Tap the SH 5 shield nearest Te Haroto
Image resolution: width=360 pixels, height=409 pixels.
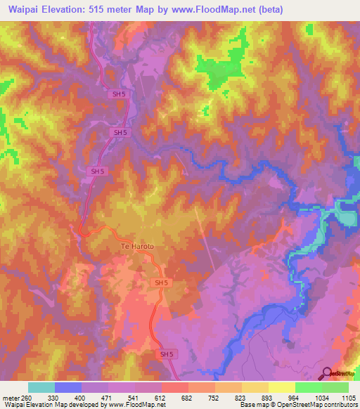[161, 283]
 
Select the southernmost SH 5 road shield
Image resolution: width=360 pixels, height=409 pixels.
[166, 354]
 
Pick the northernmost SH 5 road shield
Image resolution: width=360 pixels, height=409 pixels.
[119, 94]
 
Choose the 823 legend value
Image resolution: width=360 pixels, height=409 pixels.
[241, 397]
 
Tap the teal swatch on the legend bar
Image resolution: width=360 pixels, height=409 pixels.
[41, 387]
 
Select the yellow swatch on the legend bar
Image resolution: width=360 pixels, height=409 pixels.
[281, 387]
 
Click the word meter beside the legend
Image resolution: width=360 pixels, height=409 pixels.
[9, 397]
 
